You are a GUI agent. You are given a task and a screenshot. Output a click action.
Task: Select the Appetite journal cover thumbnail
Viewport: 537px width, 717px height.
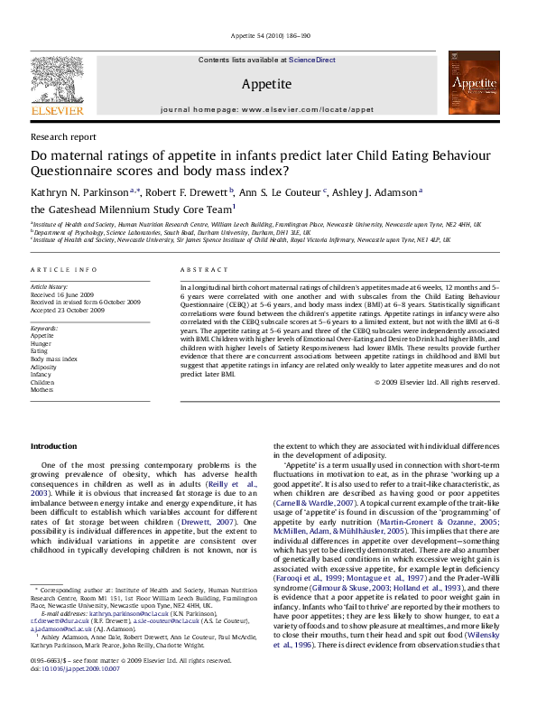click(x=477, y=88)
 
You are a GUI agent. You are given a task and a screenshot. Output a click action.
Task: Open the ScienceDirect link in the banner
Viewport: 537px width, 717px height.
click(x=312, y=60)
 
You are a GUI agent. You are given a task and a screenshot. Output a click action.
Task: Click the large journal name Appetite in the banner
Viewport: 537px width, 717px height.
click(x=266, y=84)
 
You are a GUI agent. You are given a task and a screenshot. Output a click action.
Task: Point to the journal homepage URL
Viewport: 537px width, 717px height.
click(x=266, y=108)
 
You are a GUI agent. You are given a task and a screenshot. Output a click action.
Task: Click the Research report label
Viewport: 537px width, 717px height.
click(x=63, y=137)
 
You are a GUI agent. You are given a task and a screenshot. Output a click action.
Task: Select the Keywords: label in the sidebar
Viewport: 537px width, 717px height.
click(x=44, y=327)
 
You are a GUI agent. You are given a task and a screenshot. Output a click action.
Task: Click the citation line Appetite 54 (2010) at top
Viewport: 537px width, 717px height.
click(x=268, y=35)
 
